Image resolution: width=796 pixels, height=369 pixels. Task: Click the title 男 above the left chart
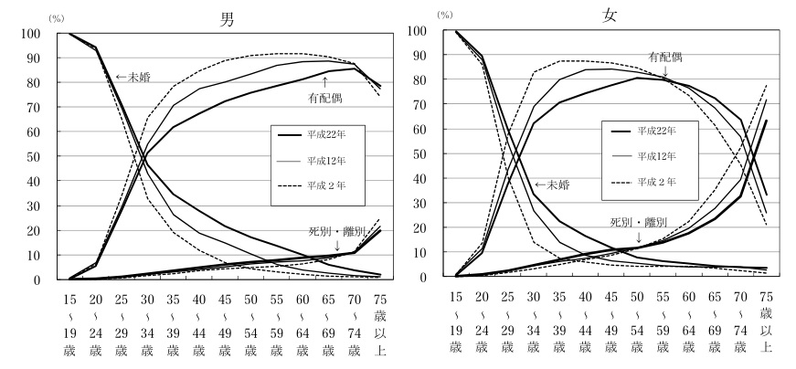tap(226, 18)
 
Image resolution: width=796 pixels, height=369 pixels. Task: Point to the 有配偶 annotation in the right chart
tap(666, 56)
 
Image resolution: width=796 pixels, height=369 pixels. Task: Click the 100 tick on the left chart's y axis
tap(27, 34)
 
